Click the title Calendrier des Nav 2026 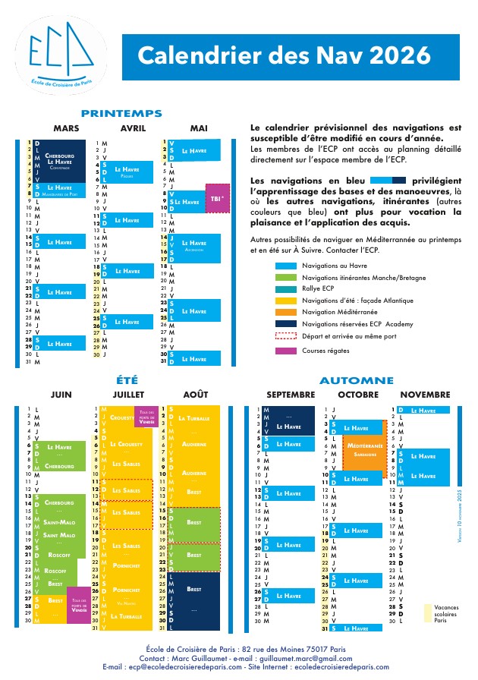[x=284, y=55]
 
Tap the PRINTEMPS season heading [x=121, y=113]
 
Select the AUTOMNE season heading [x=357, y=380]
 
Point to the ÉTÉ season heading [x=127, y=379]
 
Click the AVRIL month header [x=133, y=128]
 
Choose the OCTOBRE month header [x=357, y=395]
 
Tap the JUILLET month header [x=127, y=395]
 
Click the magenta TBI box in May [x=217, y=198]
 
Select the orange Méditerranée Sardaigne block [x=365, y=449]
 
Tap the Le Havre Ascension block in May [x=193, y=245]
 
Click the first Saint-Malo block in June [x=58, y=521]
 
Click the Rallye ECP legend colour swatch [x=285, y=288]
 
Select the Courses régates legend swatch [x=285, y=351]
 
